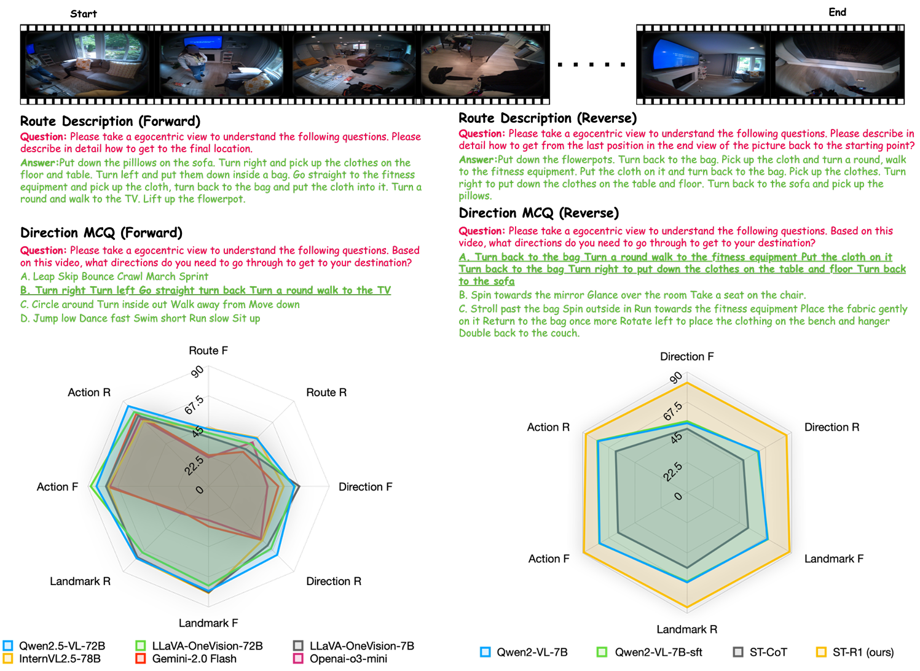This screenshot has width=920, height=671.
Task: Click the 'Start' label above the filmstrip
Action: coord(84,14)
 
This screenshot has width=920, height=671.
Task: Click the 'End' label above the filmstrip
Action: coord(837,12)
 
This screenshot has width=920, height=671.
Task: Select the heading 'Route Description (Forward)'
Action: coord(110,122)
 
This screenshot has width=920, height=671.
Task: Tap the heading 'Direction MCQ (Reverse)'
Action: coord(538,213)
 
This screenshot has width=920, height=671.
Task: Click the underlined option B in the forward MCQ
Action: coord(205,290)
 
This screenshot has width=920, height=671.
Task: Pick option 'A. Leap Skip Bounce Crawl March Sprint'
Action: coord(114,277)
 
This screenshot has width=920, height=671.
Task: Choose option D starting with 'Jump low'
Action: coord(140,319)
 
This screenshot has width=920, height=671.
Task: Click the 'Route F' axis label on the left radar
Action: coord(208,351)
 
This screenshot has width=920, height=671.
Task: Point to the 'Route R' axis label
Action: coord(326,392)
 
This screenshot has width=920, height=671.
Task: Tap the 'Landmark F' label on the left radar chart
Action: coord(208,623)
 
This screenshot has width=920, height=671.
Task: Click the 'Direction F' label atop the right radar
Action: coord(686,357)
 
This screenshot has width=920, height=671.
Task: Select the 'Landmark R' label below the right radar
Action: coord(686,629)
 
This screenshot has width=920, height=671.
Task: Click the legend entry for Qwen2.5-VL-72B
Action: coord(54,646)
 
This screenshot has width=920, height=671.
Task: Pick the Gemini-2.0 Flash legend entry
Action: coord(186,659)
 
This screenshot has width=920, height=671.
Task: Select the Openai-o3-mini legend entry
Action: coord(340,659)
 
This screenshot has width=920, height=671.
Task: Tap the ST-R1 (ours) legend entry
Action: coord(855,652)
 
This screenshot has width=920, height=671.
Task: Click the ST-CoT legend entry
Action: coord(760,652)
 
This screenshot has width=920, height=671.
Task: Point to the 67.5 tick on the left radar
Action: coord(194,405)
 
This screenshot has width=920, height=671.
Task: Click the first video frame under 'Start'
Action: coord(87,64)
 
